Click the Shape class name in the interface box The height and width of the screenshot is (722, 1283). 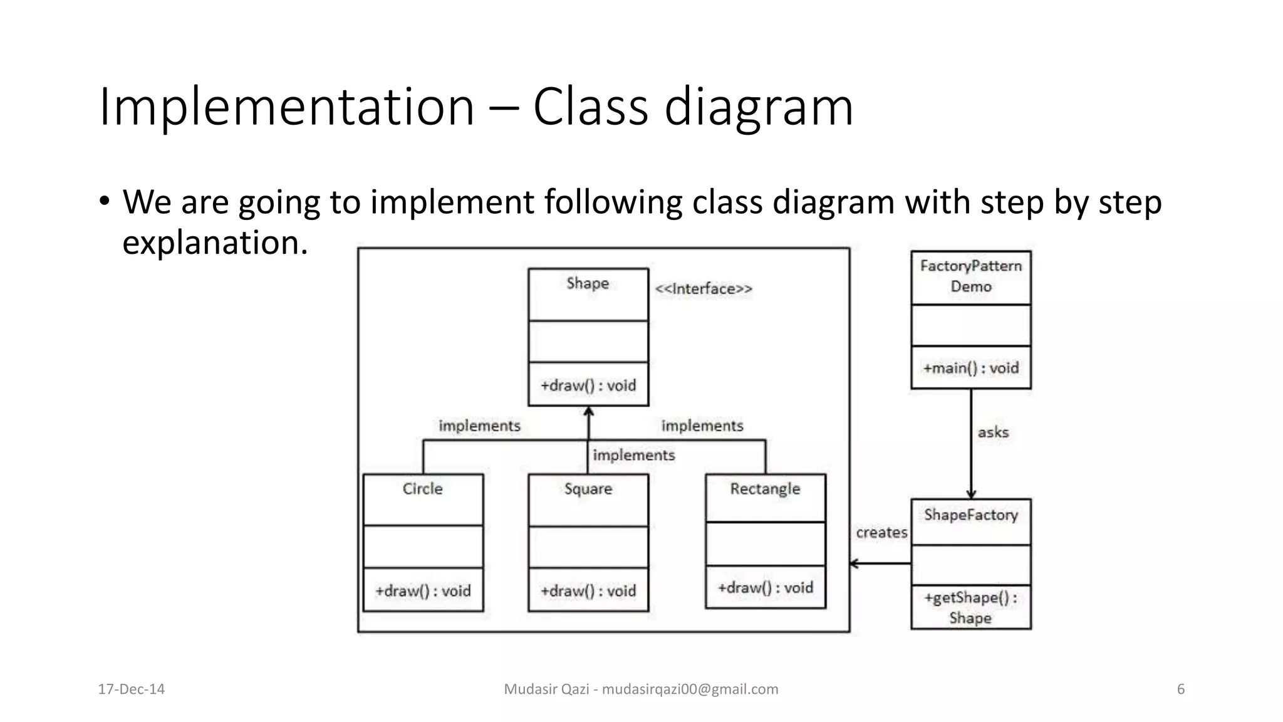pos(588,283)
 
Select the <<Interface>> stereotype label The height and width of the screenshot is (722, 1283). pos(703,289)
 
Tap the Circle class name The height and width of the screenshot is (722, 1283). pos(422,489)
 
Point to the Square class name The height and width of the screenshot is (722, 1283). pos(588,489)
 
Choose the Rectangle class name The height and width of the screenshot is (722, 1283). pos(765,489)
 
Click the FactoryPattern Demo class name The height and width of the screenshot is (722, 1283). pos(970,276)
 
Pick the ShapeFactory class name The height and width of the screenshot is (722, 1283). pos(970,515)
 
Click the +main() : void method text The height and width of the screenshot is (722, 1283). pos(970,368)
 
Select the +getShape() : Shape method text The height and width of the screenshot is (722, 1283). pos(970,607)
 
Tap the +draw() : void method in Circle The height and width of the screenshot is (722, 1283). pos(422,591)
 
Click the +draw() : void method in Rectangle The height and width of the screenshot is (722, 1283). pos(765,588)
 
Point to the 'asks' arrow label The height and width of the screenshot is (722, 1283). pos(993,432)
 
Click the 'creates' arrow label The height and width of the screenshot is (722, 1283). pos(881,533)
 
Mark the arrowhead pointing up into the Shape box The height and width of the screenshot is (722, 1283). pos(588,412)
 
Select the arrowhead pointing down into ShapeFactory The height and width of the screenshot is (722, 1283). pos(971,494)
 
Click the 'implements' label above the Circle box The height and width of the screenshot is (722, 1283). pos(479,426)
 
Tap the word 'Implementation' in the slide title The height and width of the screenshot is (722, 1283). pos(286,107)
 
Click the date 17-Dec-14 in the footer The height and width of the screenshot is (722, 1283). pos(132,689)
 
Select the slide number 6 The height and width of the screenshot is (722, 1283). pos(1181,689)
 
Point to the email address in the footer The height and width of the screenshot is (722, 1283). pos(690,689)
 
